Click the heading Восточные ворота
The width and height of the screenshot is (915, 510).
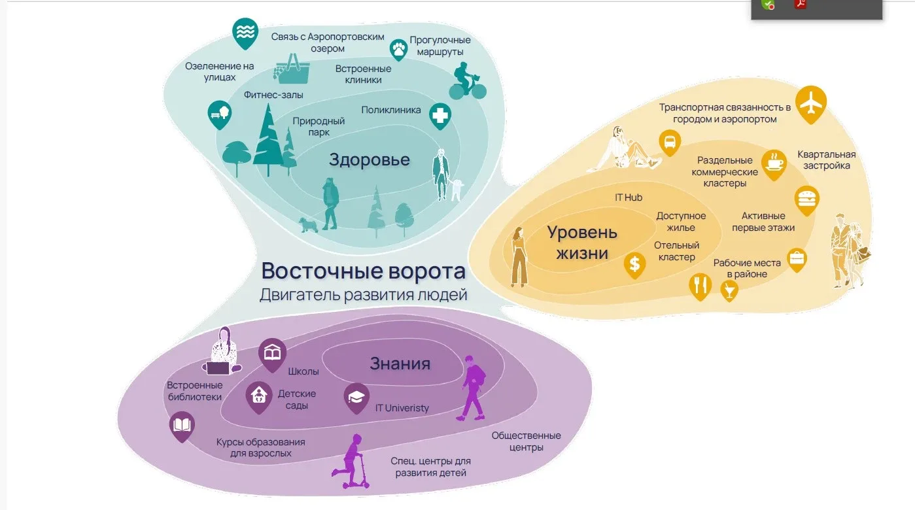point(363,271)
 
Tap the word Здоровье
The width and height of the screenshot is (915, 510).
point(370,160)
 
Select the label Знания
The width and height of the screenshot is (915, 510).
point(400,364)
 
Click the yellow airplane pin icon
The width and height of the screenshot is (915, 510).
point(812,103)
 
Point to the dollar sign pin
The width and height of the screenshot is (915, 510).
point(634,264)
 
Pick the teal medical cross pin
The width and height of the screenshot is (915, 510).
point(441,116)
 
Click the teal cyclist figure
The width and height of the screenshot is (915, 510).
point(467,80)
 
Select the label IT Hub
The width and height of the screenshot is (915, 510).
point(629,197)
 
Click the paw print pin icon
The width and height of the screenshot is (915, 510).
point(398,48)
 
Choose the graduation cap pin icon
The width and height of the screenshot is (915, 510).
point(356,397)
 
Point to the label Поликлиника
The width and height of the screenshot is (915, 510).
point(391,110)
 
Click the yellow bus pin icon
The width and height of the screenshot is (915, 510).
point(670,141)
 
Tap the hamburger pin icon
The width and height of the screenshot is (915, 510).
point(807,199)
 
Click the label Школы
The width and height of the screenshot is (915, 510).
point(303,371)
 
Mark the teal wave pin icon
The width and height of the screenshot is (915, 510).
point(245,32)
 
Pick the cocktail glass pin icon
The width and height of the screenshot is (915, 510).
point(728,290)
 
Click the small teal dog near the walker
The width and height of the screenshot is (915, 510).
point(308,224)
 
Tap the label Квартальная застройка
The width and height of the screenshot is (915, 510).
point(827,160)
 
